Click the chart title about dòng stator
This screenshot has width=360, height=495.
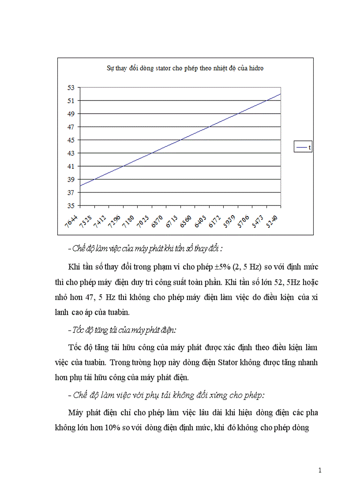185,68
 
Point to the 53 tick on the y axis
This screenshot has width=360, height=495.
71,87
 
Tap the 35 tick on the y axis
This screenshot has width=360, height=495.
71,205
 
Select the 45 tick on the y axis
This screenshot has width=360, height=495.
71,140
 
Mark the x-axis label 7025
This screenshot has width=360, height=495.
143,220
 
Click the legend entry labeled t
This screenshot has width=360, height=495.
303,148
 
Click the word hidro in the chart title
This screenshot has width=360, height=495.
255,68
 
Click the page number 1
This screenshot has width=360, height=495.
320,470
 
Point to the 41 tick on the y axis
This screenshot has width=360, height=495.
71,166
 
